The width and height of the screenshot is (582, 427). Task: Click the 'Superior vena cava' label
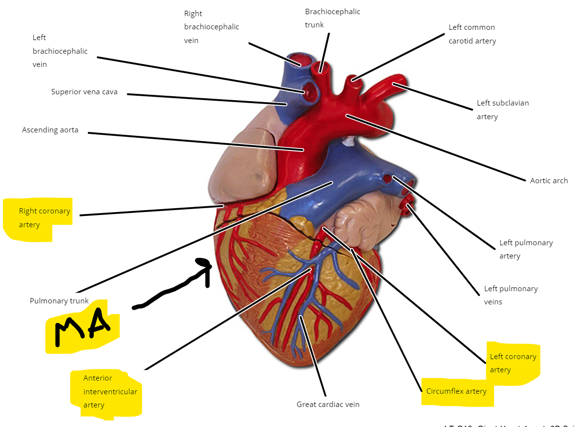[x=84, y=92]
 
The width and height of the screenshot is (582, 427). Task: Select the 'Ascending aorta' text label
[x=50, y=130]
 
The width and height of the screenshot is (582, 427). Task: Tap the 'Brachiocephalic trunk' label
[x=332, y=18]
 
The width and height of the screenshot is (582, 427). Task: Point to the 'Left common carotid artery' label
[x=472, y=34]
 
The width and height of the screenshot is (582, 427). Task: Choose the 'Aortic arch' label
[x=549, y=181]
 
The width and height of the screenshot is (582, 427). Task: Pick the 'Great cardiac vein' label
[x=328, y=405]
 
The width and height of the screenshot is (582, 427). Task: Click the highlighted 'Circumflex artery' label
[x=456, y=391]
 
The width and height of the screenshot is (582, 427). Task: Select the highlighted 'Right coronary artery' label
[x=44, y=218]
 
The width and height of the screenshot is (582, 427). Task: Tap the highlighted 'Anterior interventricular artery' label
[x=110, y=391]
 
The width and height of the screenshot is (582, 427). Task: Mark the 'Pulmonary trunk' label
[x=59, y=301]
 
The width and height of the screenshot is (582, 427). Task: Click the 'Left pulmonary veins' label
[x=510, y=295]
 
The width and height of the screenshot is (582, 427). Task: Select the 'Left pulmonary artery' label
[x=525, y=249]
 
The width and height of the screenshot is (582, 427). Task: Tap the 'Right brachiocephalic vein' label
[x=211, y=27]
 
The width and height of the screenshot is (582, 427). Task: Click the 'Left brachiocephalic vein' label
[x=60, y=51]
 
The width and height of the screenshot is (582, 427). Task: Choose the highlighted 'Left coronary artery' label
[x=513, y=363]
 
